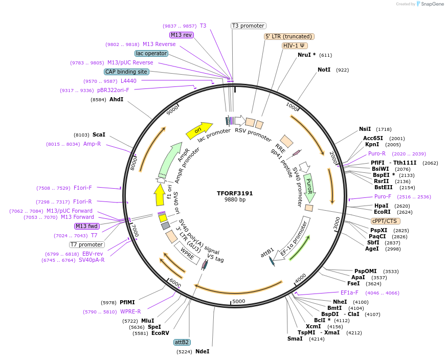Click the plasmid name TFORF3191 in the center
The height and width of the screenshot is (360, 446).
[235, 193]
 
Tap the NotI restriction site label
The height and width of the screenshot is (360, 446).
[324, 70]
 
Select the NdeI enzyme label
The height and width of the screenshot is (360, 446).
[202, 351]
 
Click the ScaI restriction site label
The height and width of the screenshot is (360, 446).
[99, 134]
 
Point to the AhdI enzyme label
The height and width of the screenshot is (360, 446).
[116, 99]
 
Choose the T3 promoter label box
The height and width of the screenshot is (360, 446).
[248, 26]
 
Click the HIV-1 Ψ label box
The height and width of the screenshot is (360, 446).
[295, 46]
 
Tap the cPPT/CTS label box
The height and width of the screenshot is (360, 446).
[385, 221]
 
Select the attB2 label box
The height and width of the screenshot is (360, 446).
[182, 342]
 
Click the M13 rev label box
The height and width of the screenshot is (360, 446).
[182, 35]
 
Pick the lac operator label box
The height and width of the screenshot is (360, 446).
[151, 53]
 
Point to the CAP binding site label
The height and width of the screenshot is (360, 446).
[126, 72]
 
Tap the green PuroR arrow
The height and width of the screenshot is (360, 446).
[309, 187]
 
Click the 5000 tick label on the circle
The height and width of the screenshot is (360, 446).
[239, 301]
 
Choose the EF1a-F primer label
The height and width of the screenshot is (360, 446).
[349, 293]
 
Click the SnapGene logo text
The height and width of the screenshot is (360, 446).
[432, 4]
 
